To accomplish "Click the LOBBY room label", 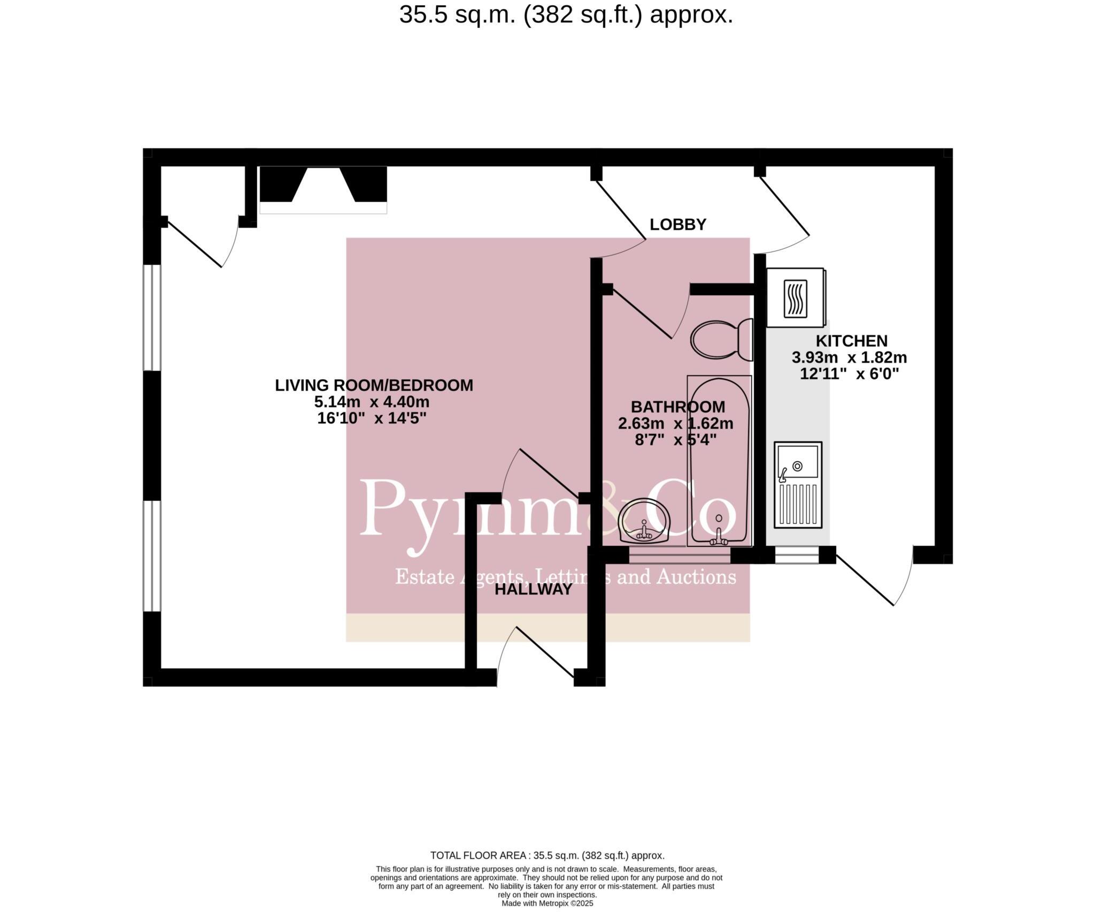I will click(x=677, y=225).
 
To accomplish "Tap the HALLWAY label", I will click(x=533, y=590).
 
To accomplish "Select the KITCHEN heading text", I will click(x=851, y=341).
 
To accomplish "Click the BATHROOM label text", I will click(x=677, y=407).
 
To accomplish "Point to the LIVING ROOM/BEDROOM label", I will click(x=374, y=385).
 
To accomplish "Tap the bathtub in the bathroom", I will click(x=719, y=460).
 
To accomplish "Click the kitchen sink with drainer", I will click(x=798, y=485).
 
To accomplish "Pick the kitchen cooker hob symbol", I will click(x=795, y=297).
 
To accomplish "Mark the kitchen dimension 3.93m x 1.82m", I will click(x=849, y=357).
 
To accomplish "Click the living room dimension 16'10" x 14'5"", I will click(x=372, y=418).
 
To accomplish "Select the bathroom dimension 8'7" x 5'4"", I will click(x=675, y=440).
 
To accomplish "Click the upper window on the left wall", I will click(x=152, y=317).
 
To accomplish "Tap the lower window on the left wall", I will click(x=152, y=555).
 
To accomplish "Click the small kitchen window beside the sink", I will click(x=797, y=555).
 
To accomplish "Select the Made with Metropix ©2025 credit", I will click(x=547, y=903).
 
